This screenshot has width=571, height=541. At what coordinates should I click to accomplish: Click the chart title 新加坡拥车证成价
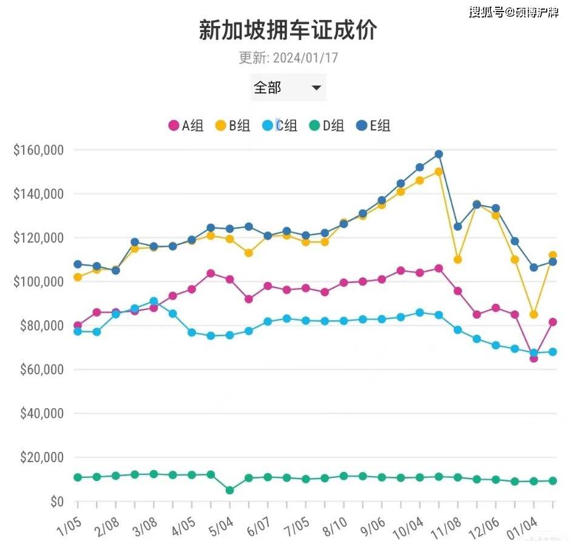click(x=288, y=30)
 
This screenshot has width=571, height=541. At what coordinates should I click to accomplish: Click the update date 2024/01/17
click(x=305, y=58)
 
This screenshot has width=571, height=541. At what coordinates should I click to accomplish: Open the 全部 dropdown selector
click(x=288, y=88)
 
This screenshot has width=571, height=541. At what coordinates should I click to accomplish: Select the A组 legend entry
click(x=186, y=126)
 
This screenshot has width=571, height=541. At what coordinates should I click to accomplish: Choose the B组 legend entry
click(x=232, y=126)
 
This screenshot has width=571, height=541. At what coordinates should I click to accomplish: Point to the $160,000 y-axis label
click(x=38, y=150)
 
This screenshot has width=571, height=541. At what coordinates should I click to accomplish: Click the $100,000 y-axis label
click(x=38, y=282)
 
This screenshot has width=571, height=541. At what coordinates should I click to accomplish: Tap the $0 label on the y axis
click(x=56, y=502)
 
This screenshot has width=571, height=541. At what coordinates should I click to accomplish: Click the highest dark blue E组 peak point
click(x=439, y=154)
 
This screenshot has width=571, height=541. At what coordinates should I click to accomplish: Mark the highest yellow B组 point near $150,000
click(x=439, y=172)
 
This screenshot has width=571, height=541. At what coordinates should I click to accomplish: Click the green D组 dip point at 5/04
click(x=229, y=490)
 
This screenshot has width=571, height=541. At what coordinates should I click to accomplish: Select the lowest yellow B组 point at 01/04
click(x=534, y=314)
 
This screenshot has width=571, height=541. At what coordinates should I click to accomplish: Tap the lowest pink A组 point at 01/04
click(x=534, y=358)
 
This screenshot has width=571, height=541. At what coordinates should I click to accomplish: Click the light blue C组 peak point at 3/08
click(x=154, y=301)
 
